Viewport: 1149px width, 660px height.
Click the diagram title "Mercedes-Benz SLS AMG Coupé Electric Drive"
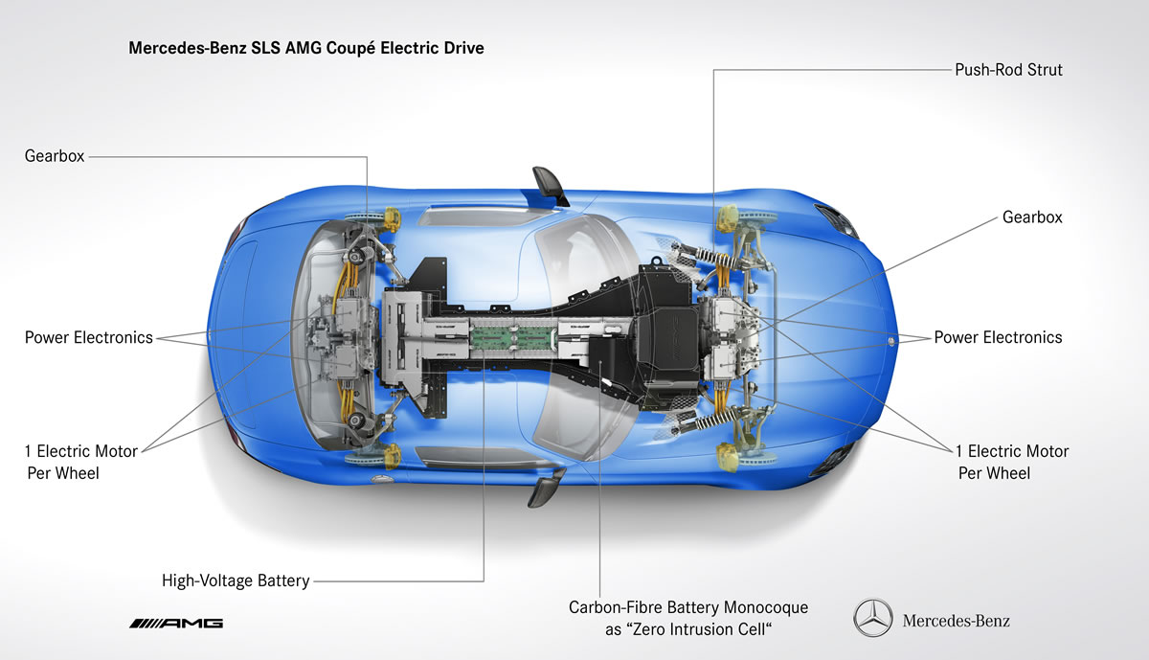point(306,47)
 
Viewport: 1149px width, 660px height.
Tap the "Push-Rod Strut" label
point(1008,70)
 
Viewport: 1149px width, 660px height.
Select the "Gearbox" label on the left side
point(55,155)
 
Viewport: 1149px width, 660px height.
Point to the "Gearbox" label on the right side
point(1032,217)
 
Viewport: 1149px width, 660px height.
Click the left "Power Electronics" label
point(88,337)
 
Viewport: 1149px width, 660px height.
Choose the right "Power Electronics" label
point(998,337)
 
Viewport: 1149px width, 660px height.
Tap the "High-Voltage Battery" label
point(236,580)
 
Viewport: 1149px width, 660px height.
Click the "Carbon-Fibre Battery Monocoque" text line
point(688,607)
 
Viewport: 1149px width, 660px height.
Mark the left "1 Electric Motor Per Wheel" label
point(81,461)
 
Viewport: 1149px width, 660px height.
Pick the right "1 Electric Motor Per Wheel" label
point(1012,461)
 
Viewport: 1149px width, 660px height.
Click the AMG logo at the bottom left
point(176,623)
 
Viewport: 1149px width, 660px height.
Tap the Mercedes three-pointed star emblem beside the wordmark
point(872,620)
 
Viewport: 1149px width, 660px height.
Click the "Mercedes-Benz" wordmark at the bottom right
point(956,621)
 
